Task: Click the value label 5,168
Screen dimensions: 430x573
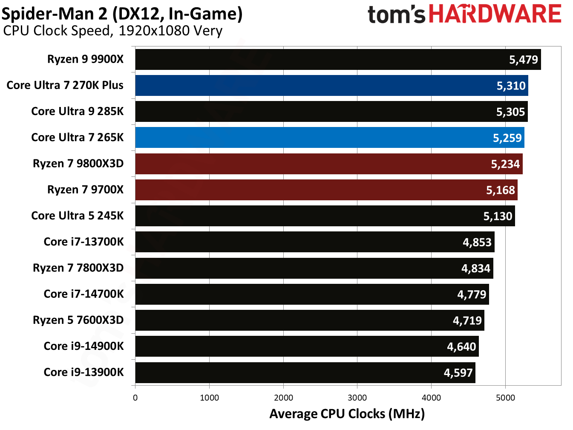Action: pyautogui.click(x=500, y=190)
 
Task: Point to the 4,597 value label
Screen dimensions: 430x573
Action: pyautogui.click(x=458, y=373)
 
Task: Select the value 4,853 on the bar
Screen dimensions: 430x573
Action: pyautogui.click(x=477, y=242)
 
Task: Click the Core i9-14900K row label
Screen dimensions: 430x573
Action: pyautogui.click(x=84, y=346)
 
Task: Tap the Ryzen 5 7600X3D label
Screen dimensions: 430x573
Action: pyautogui.click(x=78, y=320)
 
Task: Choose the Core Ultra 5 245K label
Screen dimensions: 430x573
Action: pyautogui.click(x=77, y=216)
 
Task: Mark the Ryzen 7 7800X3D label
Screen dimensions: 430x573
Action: pyautogui.click(x=78, y=268)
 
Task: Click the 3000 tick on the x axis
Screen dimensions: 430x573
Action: pyautogui.click(x=357, y=398)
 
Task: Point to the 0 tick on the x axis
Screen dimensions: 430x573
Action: pyautogui.click(x=135, y=398)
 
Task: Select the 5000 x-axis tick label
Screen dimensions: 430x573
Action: pyautogui.click(x=505, y=398)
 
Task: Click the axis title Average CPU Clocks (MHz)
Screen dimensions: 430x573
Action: pyautogui.click(x=347, y=414)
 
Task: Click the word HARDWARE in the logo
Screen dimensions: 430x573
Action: pyautogui.click(x=495, y=14)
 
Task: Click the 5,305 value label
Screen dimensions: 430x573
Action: pyautogui.click(x=510, y=112)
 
